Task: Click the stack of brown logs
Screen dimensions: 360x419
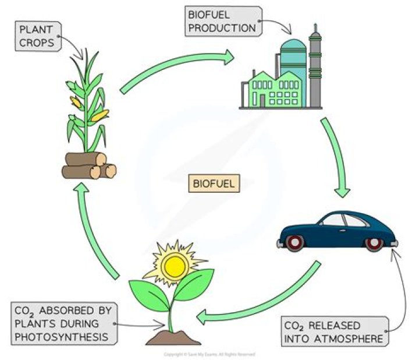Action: [89, 165]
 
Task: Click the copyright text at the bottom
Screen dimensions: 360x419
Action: [210, 354]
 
